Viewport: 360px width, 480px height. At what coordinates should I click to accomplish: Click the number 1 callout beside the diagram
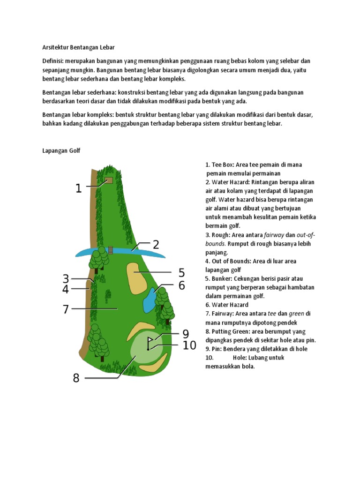[x=79, y=188]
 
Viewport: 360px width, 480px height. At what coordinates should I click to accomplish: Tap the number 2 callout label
[x=156, y=244]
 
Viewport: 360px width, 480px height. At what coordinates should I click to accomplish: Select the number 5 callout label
[x=181, y=273]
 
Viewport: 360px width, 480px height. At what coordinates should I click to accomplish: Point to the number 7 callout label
[x=66, y=309]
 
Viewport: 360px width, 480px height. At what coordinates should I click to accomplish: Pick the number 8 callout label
[x=76, y=378]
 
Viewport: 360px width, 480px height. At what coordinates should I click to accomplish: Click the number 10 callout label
[x=189, y=345]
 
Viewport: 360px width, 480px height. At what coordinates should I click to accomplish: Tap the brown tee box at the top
[x=109, y=180]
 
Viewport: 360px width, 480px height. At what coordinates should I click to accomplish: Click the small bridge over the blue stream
[x=111, y=250]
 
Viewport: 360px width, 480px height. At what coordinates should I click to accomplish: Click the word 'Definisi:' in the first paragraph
[x=53, y=61]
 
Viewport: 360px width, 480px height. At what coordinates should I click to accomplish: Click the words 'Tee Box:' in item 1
[x=223, y=165]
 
